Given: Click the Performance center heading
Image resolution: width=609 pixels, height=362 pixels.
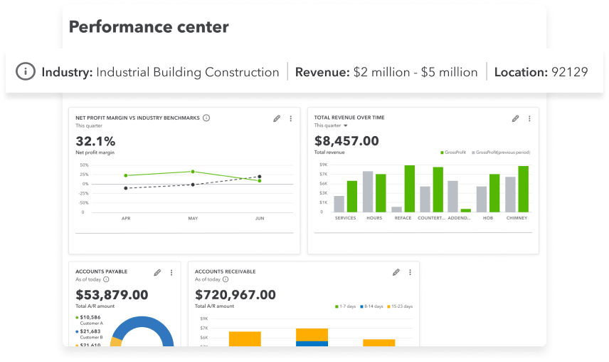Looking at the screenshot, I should pos(149,28).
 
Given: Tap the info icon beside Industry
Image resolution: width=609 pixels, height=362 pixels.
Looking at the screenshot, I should pos(26,72).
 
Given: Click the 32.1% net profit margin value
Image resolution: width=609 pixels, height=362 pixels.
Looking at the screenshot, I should pos(95,141).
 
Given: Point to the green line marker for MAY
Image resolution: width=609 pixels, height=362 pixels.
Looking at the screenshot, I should pos(193,172).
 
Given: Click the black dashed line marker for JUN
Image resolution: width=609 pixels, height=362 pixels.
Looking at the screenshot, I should pos(260,177).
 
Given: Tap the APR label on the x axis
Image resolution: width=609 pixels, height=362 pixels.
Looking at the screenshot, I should pos(126,219).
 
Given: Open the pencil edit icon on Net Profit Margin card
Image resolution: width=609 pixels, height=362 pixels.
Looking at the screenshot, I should pos(277,118).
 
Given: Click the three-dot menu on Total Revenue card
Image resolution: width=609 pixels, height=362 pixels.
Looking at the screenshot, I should pos(529,118).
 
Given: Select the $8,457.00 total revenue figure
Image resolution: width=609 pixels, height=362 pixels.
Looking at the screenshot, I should pos(346,141).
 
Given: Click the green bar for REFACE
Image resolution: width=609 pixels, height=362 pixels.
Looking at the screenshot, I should pos(409,189).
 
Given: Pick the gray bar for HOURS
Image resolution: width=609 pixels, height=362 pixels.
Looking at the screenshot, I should pos(368,192).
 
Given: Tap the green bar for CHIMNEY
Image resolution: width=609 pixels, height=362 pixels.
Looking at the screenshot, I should pos(523,189).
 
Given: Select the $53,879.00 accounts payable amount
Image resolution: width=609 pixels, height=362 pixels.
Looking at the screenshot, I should pos(112,294).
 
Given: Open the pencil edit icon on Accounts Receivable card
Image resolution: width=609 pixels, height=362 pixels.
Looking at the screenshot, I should pos(396,272).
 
